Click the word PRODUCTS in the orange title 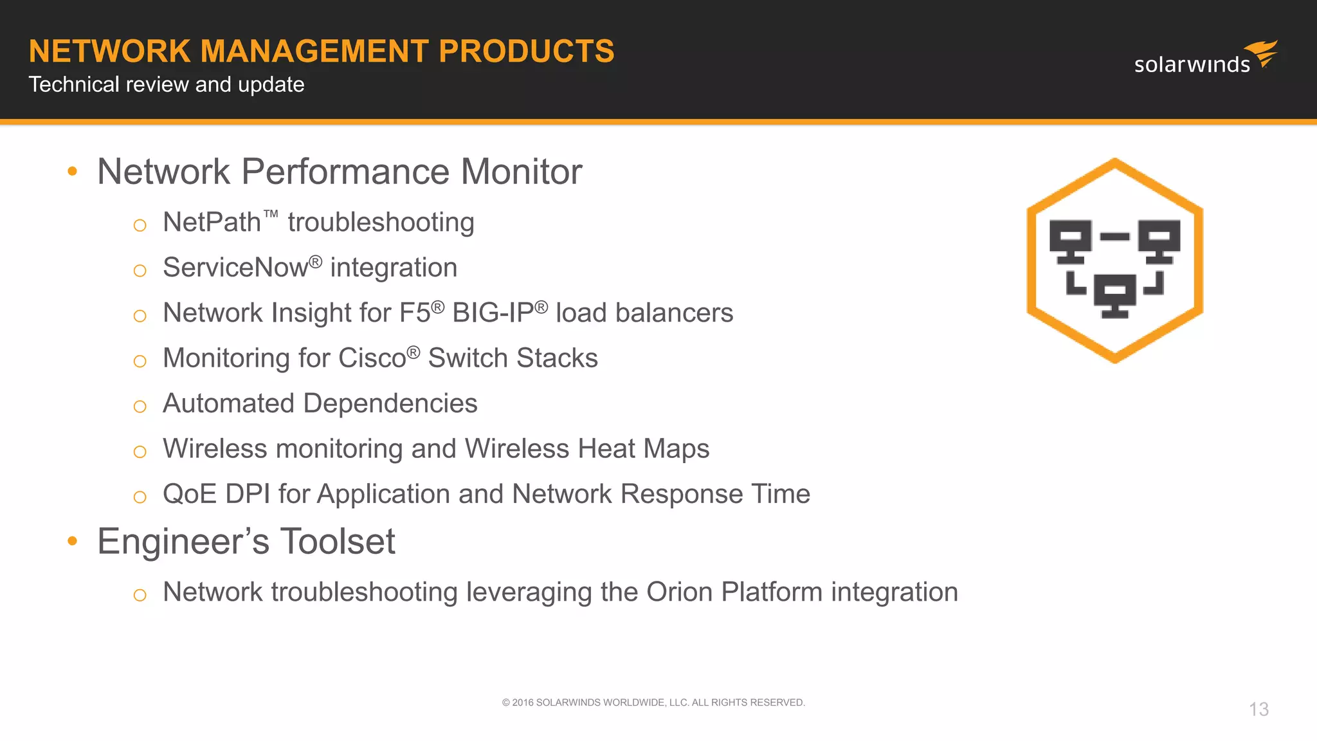tap(526, 51)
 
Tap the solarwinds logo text tap(1192, 64)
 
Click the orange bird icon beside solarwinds tap(1262, 53)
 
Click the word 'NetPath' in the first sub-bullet tap(212, 223)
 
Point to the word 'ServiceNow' tap(235, 268)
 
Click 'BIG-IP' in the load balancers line tap(493, 313)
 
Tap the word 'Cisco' tap(372, 358)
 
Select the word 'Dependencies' tap(390, 404)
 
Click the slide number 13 tap(1258, 709)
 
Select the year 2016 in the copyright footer tap(522, 702)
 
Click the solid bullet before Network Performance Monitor tap(72, 171)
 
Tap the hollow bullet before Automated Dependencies tap(140, 407)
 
